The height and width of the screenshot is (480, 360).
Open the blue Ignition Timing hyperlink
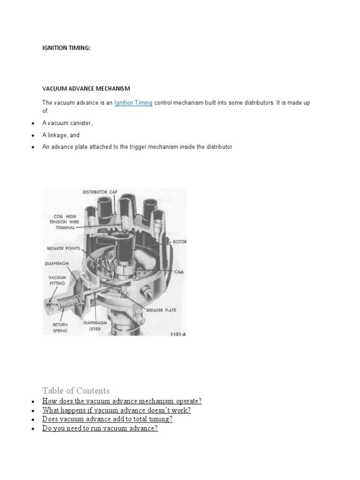click(133, 103)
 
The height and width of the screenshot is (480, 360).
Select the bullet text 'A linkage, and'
click(61, 135)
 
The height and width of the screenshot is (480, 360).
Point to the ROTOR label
click(180, 242)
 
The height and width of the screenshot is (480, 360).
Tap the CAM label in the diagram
click(179, 271)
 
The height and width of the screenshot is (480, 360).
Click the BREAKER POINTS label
click(63, 248)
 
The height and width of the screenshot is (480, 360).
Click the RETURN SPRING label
click(60, 327)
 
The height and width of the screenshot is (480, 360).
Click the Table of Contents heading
click(76, 390)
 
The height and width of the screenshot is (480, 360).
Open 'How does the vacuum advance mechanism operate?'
click(122, 401)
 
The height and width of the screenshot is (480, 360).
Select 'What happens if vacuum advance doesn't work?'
click(116, 410)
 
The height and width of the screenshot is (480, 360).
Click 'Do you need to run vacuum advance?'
click(100, 428)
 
